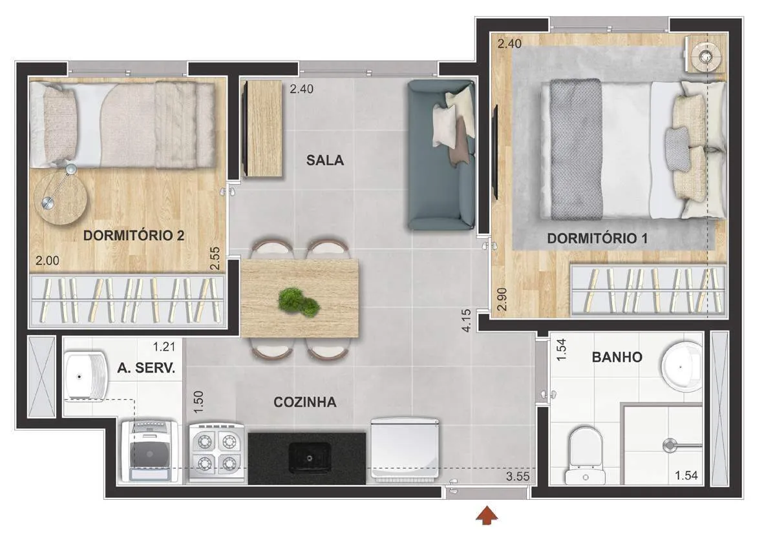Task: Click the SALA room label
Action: point(325,160)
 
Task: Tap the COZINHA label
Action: point(305,402)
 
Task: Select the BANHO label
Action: point(617,357)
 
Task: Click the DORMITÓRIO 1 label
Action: point(597,238)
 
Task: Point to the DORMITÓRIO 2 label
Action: point(134,236)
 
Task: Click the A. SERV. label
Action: point(146,367)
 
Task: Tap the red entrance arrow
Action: point(487,516)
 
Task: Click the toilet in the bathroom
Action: point(585,455)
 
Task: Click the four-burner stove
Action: point(217,452)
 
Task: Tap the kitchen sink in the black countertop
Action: point(310,458)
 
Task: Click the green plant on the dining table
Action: point(299,302)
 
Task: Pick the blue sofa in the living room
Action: point(441,155)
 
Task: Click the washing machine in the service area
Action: point(149,451)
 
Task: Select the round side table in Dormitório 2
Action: point(60,198)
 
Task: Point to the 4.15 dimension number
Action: point(466,321)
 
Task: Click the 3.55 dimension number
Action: point(518,476)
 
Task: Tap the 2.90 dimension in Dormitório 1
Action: point(502,300)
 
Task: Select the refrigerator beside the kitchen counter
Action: point(405,449)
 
